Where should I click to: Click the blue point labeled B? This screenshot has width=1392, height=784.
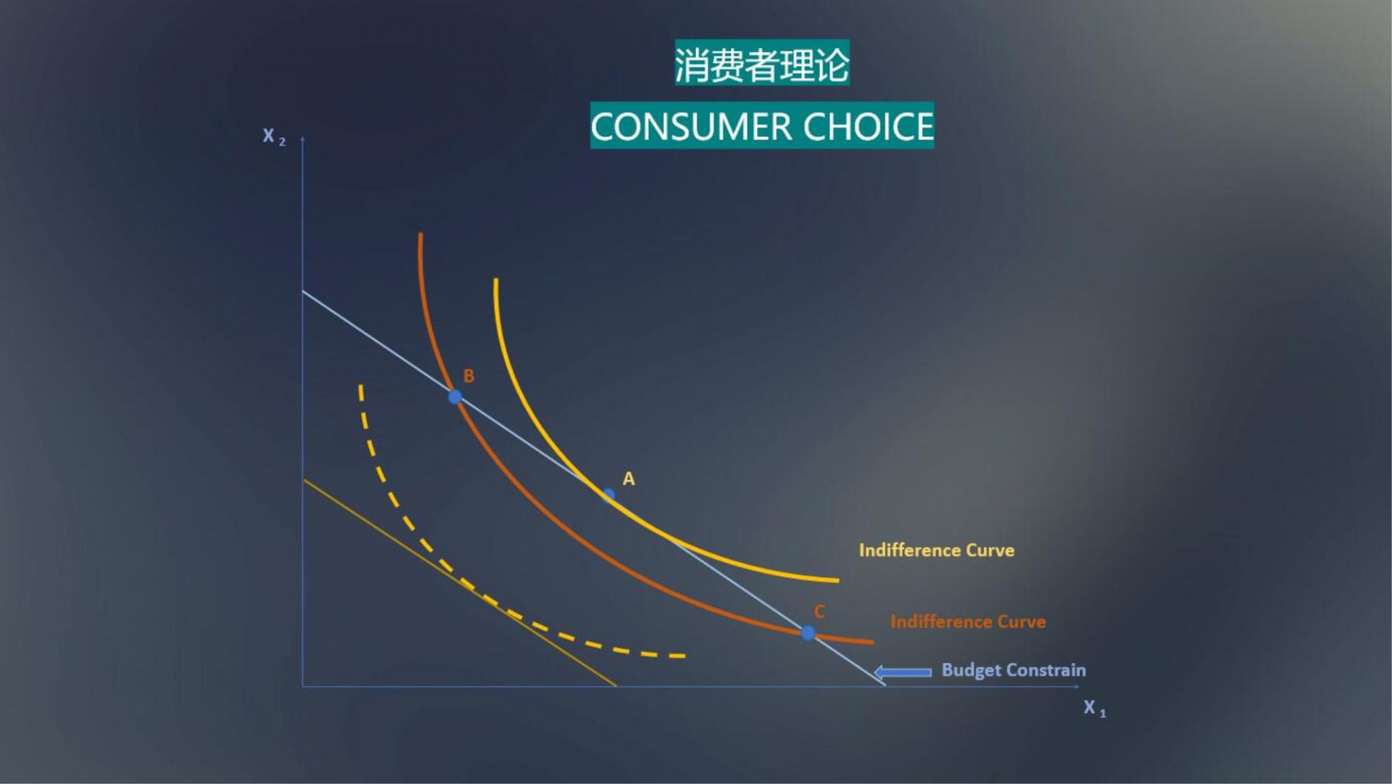(455, 397)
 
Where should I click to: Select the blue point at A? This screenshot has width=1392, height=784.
(608, 495)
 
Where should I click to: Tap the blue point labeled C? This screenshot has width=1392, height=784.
(808, 633)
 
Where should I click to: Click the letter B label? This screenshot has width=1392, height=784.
(468, 376)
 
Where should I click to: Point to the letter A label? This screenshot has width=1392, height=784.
(629, 479)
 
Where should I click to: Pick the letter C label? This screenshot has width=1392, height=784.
(819, 611)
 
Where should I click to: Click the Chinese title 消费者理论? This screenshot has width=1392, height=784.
(762, 64)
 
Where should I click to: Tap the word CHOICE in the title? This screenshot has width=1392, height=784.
(869, 126)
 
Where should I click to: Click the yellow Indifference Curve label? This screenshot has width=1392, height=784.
(937, 550)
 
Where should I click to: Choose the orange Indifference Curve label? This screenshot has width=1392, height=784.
(968, 622)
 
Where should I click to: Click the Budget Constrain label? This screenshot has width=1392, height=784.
(1014, 670)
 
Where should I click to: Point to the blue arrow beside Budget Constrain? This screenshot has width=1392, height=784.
(903, 672)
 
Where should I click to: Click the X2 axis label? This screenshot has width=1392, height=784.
(274, 136)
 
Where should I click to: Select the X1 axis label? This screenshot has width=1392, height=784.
(1095, 708)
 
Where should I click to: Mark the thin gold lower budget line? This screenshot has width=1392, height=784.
(460, 582)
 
